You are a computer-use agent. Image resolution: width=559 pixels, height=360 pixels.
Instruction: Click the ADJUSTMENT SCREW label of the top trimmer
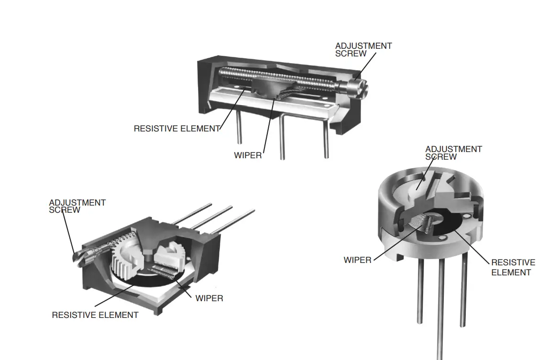tap(363, 50)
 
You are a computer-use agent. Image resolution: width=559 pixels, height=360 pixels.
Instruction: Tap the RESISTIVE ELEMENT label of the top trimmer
tap(176, 129)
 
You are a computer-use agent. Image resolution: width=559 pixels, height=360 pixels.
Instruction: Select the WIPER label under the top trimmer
tap(248, 155)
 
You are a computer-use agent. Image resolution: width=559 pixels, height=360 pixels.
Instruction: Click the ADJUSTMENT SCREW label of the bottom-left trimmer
tap(77, 206)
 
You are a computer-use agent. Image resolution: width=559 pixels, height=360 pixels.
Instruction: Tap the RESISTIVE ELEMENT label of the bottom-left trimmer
tap(95, 315)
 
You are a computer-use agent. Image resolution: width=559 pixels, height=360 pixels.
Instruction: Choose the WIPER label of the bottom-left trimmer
tap(209, 298)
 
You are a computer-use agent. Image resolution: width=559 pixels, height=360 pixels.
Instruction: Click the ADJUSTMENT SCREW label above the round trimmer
tap(453, 153)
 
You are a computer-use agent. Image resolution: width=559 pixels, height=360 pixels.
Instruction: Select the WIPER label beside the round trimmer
tap(357, 260)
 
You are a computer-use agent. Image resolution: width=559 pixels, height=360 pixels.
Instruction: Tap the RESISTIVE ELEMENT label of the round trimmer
tap(513, 267)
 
